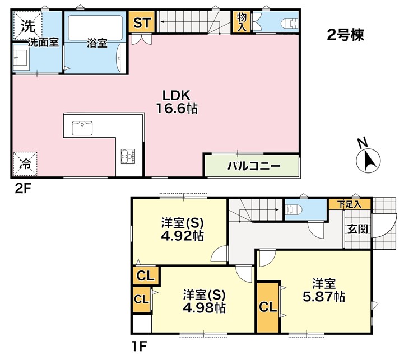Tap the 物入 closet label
point(242,23)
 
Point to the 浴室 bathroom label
point(97,43)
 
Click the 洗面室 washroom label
point(43,43)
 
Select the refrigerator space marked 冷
point(25,163)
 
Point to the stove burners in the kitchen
point(126,155)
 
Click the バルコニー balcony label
point(253,166)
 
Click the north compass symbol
point(368,159)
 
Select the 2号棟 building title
point(345,35)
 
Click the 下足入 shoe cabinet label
point(353,205)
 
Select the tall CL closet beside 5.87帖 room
point(268,307)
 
